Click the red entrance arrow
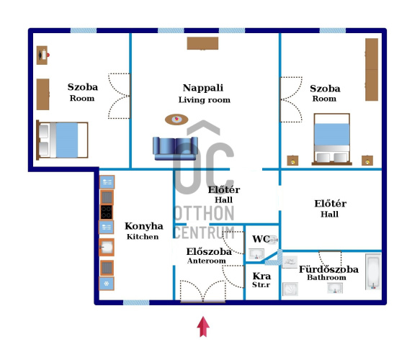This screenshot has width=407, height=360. pos(203,326)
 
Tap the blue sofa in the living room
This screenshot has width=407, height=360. pos(175,148)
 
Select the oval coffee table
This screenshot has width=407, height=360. pos(176,120)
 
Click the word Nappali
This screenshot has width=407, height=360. pos(203,88)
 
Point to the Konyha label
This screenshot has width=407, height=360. pos(144,226)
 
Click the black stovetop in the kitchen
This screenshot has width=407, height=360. pos(107,212)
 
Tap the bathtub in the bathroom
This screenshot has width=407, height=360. pos(373,271)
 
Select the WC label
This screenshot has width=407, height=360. pos(261,239)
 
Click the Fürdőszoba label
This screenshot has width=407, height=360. pos(328,269)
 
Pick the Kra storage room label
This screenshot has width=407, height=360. pos(261,276)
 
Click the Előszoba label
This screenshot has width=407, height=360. pos(209,251)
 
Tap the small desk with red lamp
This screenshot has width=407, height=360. pos(43,55)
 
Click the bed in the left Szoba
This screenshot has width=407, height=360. pos(62,140)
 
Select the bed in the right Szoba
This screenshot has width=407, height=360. pos(332,139)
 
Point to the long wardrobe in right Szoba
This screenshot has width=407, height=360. pos(372,70)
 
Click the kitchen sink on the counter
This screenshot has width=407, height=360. pos(107,247)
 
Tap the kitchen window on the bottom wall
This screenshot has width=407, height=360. pos(136,302)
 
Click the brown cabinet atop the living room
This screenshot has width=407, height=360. pos(202,43)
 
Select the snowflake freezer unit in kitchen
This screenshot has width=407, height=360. pos(107,284)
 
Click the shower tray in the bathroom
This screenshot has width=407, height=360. pos(290,289)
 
